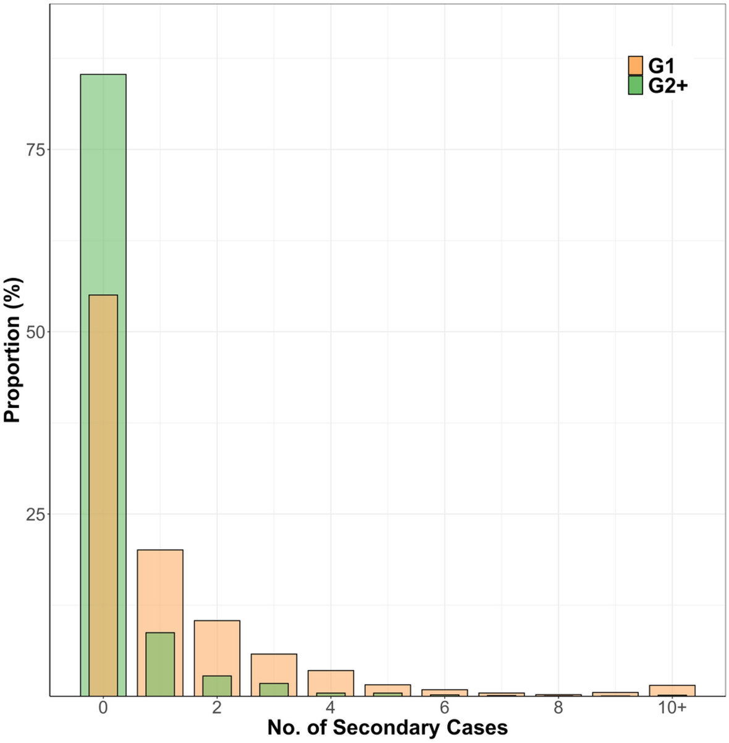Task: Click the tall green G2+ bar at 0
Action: tap(103, 185)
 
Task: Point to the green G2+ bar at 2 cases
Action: tap(217, 686)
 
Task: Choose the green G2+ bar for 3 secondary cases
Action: tap(274, 690)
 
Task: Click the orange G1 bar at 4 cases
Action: tap(331, 681)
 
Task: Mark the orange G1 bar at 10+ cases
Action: tap(672, 690)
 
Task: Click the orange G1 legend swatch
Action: tap(635, 66)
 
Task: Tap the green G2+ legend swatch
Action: tap(635, 85)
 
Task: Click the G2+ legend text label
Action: tap(668, 85)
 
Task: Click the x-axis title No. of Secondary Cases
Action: tap(387, 728)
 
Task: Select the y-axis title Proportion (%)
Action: tap(12, 350)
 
